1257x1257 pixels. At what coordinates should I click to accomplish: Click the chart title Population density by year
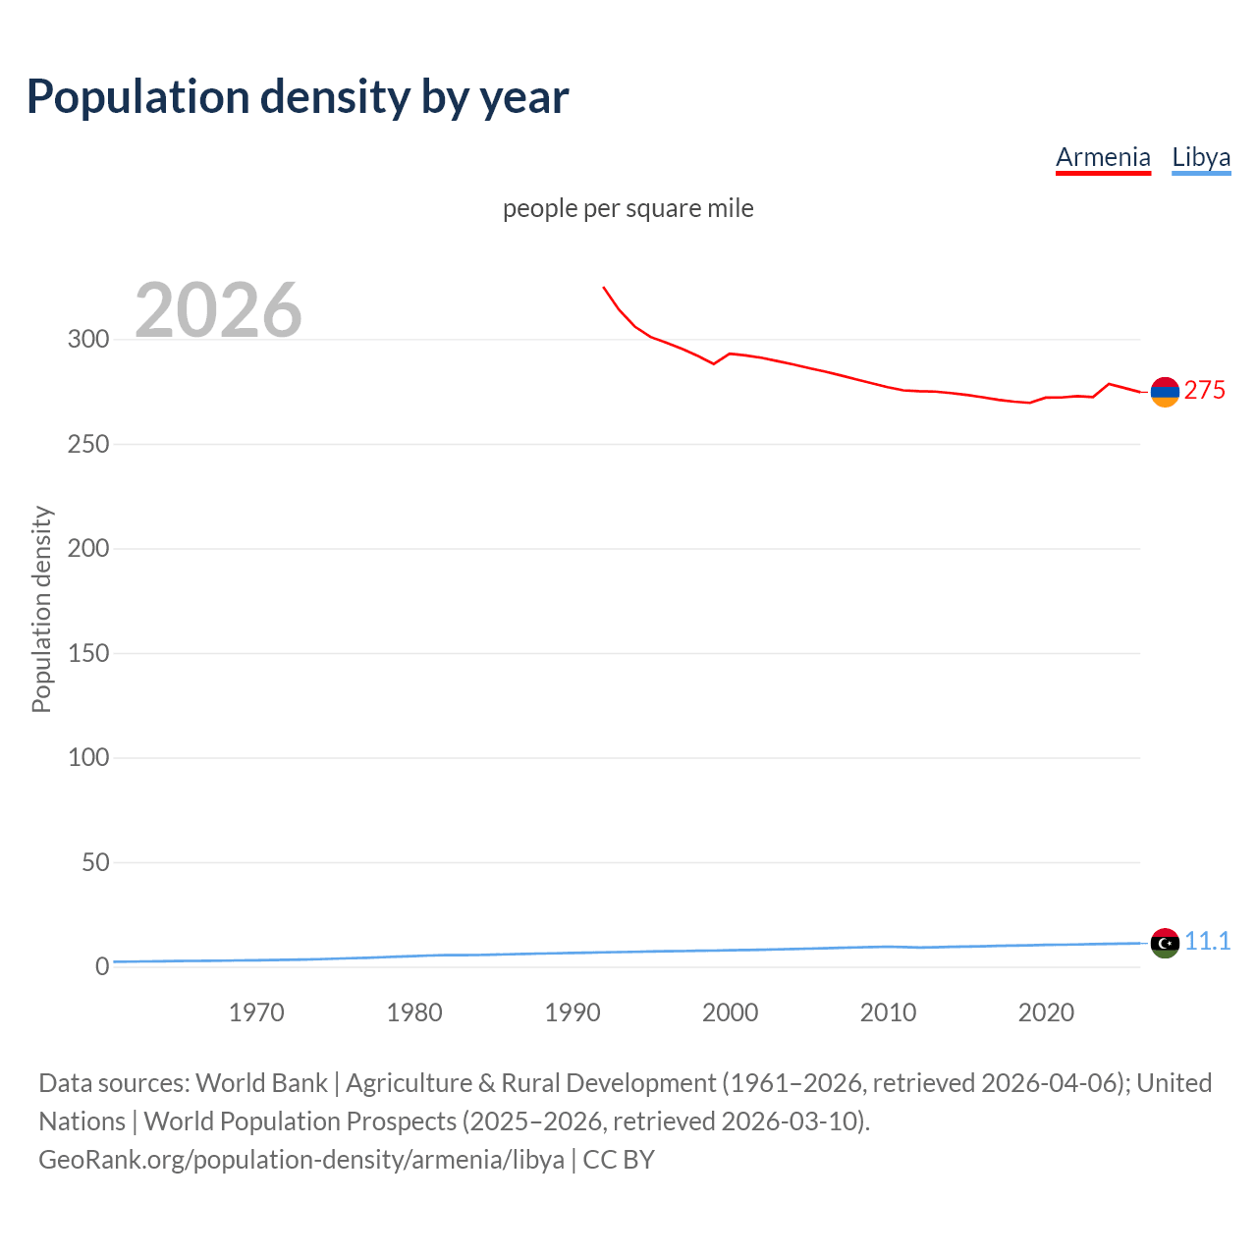click(x=298, y=96)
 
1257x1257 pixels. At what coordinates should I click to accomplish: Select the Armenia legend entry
click(x=1103, y=157)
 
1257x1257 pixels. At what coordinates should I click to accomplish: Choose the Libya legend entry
click(x=1201, y=157)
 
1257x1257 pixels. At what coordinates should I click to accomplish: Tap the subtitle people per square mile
click(x=628, y=208)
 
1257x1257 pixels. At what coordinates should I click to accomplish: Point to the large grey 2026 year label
click(x=218, y=310)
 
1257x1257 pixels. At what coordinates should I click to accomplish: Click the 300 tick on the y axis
click(x=88, y=340)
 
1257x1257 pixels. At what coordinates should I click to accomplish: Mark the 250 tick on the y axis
click(x=88, y=444)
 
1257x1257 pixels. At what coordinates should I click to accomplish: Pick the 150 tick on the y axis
click(x=88, y=653)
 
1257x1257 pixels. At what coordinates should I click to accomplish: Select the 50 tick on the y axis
click(x=95, y=862)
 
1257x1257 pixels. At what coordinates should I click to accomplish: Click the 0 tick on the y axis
click(x=102, y=966)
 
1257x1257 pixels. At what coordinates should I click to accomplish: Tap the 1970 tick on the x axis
click(x=256, y=1012)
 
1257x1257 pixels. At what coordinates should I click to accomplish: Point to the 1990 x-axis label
click(x=573, y=1012)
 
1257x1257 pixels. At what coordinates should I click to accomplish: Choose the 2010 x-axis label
click(x=888, y=1012)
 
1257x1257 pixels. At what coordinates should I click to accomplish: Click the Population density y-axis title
click(x=41, y=609)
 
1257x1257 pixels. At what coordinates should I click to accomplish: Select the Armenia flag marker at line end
click(x=1165, y=392)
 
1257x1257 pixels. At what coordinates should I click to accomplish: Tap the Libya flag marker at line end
click(x=1165, y=943)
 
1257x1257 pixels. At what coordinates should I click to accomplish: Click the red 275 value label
click(x=1205, y=391)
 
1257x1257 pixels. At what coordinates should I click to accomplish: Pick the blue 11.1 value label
click(x=1207, y=941)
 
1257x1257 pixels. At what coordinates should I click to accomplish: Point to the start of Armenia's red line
click(x=604, y=288)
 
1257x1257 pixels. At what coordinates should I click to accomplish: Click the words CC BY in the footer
click(x=619, y=1160)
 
